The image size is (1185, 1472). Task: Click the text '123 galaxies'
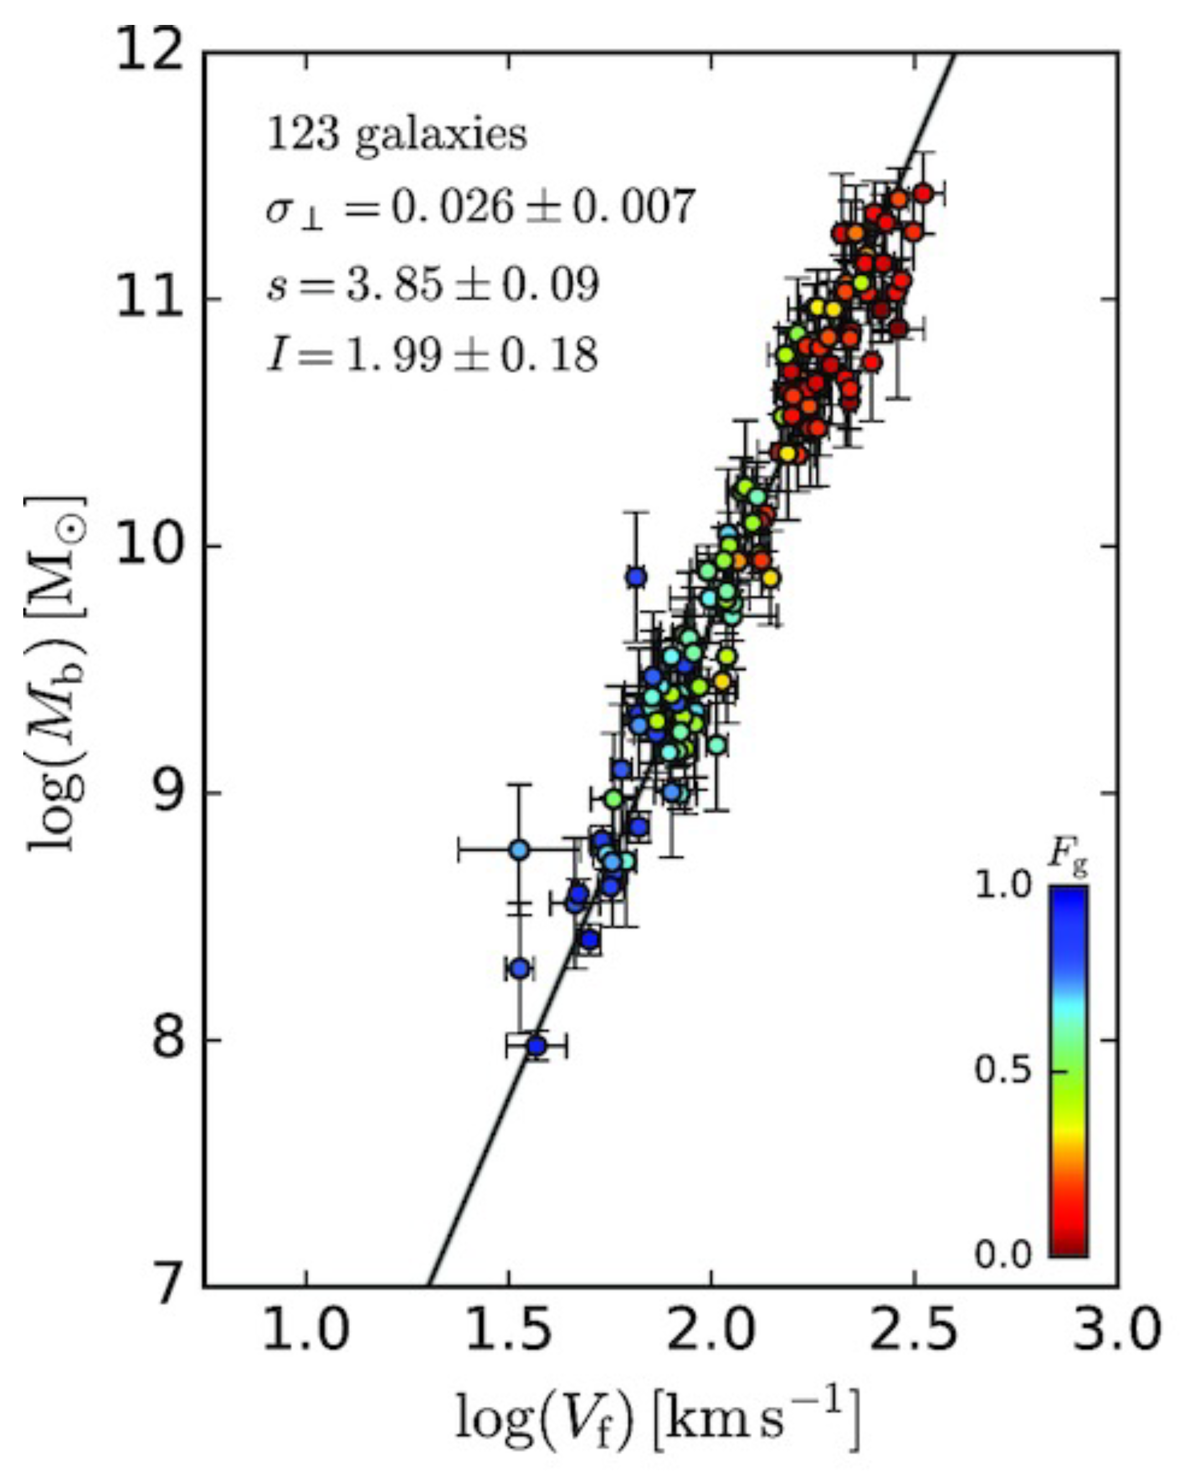[397, 134]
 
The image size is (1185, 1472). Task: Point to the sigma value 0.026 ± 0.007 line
[480, 207]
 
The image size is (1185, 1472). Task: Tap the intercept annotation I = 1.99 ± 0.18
[432, 356]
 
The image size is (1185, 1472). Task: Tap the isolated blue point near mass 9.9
[636, 577]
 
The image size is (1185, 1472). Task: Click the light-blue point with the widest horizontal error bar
[520, 850]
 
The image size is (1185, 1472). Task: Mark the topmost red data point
[923, 194]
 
